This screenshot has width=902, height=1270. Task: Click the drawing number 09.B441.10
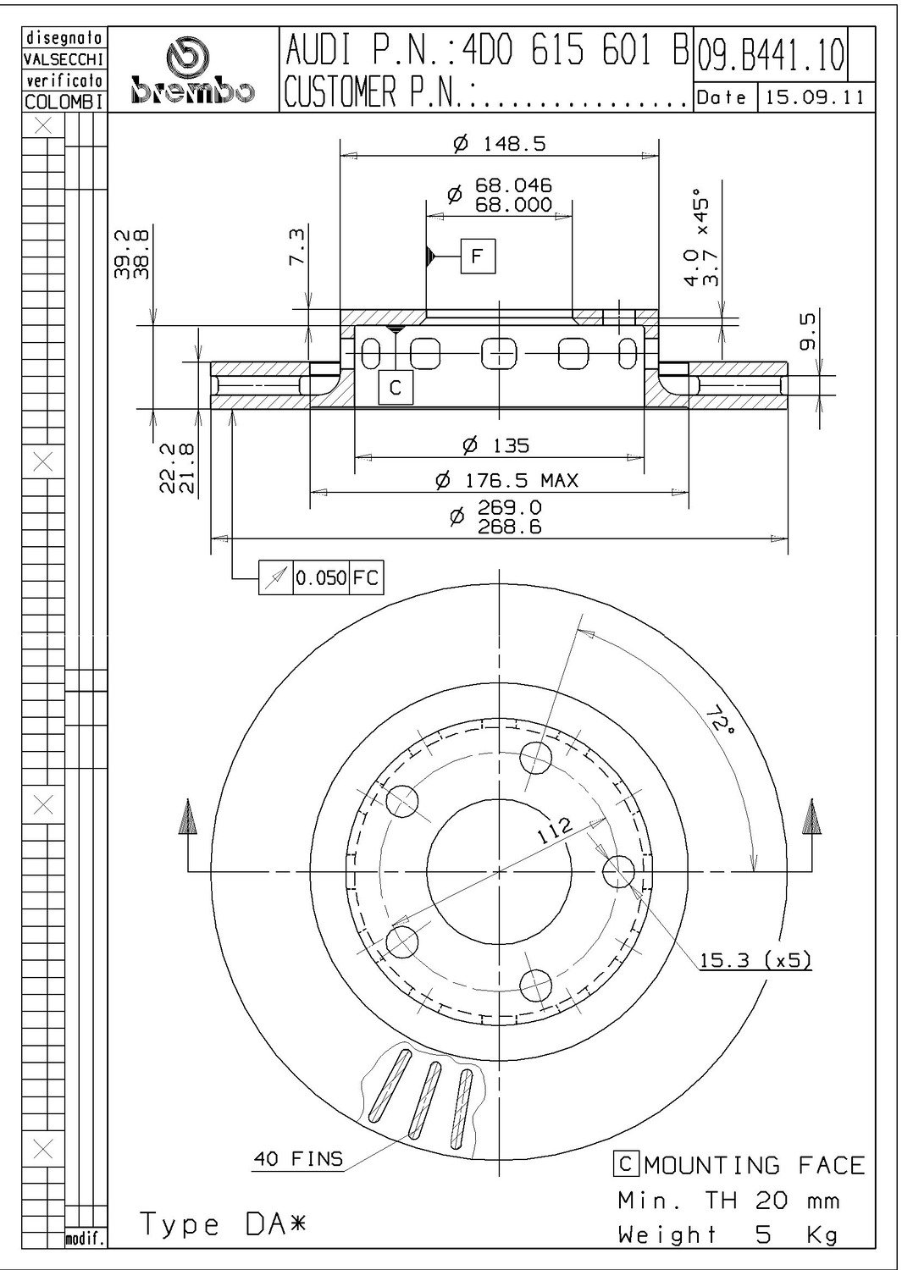pyautogui.click(x=771, y=55)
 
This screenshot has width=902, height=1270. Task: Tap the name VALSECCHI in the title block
pyautogui.click(x=64, y=59)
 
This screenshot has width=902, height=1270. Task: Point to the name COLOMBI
pyautogui.click(x=64, y=102)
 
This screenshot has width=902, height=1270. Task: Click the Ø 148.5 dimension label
pyautogui.click(x=499, y=144)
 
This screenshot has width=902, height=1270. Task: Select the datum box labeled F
pyautogui.click(x=478, y=257)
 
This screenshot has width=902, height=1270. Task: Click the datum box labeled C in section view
pyautogui.click(x=396, y=387)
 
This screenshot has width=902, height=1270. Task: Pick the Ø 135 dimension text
pyautogui.click(x=495, y=445)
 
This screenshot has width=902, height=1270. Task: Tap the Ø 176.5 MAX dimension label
pyautogui.click(x=506, y=481)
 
